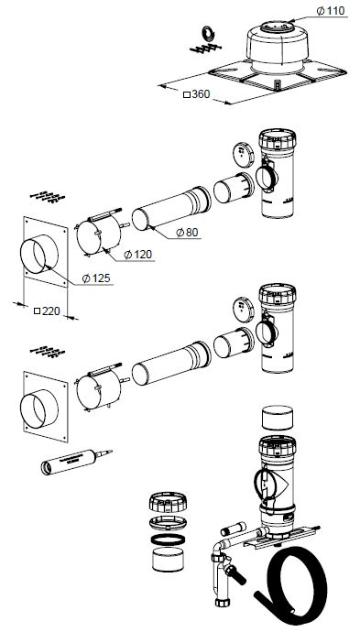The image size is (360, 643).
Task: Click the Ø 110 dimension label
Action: pos(331,10)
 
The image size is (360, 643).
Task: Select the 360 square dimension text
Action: pos(196,94)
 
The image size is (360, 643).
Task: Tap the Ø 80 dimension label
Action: pos(187,232)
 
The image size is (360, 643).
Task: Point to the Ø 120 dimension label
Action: pos(137,255)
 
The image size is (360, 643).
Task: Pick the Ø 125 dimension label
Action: pos(96,278)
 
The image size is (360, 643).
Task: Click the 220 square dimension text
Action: pos(47,311)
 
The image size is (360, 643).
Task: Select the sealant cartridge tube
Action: pos(76,461)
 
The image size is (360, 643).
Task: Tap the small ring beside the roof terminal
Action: pos(209,33)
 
